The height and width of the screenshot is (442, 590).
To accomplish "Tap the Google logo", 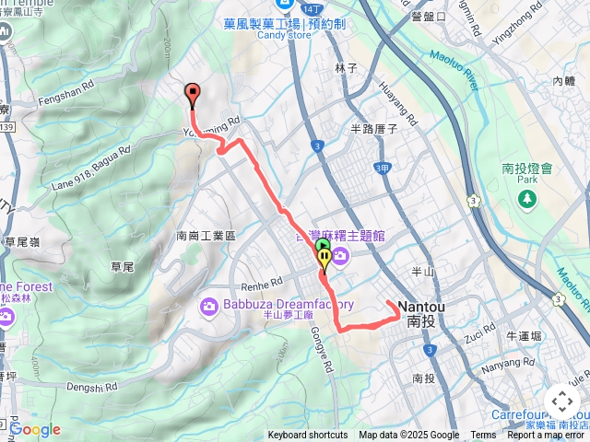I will [x=35, y=429].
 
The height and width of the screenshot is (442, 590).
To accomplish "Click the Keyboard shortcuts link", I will [x=308, y=435].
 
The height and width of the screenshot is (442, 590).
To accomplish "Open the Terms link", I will [x=483, y=435].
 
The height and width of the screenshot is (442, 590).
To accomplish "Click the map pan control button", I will [x=561, y=401].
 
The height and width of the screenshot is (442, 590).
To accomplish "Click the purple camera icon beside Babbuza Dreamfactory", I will [x=208, y=305].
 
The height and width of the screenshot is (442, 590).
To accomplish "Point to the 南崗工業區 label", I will [x=206, y=236].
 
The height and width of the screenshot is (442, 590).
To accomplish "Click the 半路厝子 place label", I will [x=373, y=130].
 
